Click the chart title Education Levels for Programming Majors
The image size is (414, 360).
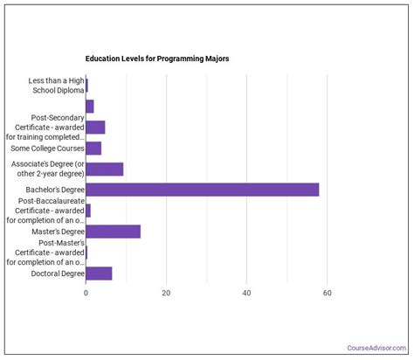pyautogui.click(x=157, y=59)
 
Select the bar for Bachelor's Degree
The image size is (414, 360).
pyautogui.click(x=202, y=190)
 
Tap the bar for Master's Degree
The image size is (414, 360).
pyautogui.click(x=113, y=232)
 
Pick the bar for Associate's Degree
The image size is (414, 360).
pyautogui.click(x=104, y=169)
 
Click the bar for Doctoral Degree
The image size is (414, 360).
pyautogui.click(x=99, y=273)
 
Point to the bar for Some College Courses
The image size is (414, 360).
pyautogui.click(x=93, y=148)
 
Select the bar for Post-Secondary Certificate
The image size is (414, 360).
pyautogui.click(x=95, y=127)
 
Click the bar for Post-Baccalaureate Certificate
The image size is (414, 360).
pyautogui.click(x=88, y=211)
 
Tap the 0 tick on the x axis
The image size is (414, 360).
pyautogui.click(x=86, y=293)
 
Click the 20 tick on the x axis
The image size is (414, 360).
pyautogui.click(x=166, y=293)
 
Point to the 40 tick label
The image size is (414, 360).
pyautogui.click(x=247, y=293)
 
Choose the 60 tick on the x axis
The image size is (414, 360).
pyautogui.click(x=328, y=293)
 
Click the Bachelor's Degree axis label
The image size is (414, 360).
pyautogui.click(x=56, y=190)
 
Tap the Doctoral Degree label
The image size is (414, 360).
pyautogui.click(x=59, y=273)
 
